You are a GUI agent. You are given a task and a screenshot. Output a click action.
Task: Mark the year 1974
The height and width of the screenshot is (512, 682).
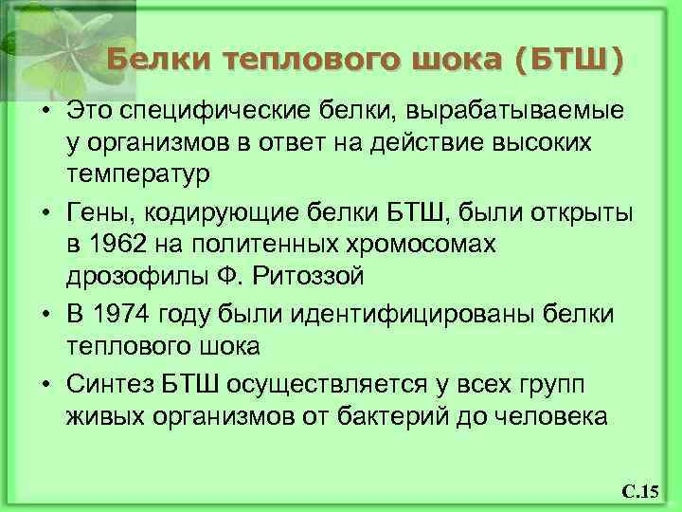click(x=125, y=313)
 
